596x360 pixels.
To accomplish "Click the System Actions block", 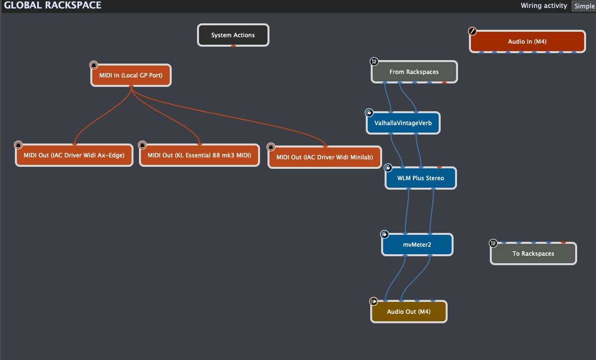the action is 233,35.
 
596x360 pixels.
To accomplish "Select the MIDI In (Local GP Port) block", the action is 131,75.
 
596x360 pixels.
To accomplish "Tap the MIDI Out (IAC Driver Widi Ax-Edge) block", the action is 74,155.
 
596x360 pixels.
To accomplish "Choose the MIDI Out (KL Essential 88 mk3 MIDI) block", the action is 199,155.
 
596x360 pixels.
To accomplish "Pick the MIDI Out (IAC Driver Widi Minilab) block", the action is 325,157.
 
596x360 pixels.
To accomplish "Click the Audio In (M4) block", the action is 527,42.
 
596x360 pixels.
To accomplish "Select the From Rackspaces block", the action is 414,72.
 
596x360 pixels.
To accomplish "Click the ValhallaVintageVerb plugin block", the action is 403,123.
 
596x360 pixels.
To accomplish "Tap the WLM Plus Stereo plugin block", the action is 420,178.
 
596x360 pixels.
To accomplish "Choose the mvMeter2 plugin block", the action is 417,245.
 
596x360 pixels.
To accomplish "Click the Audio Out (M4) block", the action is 409,312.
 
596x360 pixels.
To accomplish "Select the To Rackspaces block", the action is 533,254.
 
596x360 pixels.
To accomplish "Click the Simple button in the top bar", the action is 584,6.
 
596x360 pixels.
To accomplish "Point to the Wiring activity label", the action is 544,5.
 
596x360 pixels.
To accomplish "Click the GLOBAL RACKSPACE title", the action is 53,5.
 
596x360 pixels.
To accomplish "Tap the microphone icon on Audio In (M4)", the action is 472,31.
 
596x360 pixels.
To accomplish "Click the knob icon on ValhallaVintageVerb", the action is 369,113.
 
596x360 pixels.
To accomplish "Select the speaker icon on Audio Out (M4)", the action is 374,301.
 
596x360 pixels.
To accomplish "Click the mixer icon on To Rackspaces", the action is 493,243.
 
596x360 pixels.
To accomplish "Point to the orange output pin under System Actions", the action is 233,46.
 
